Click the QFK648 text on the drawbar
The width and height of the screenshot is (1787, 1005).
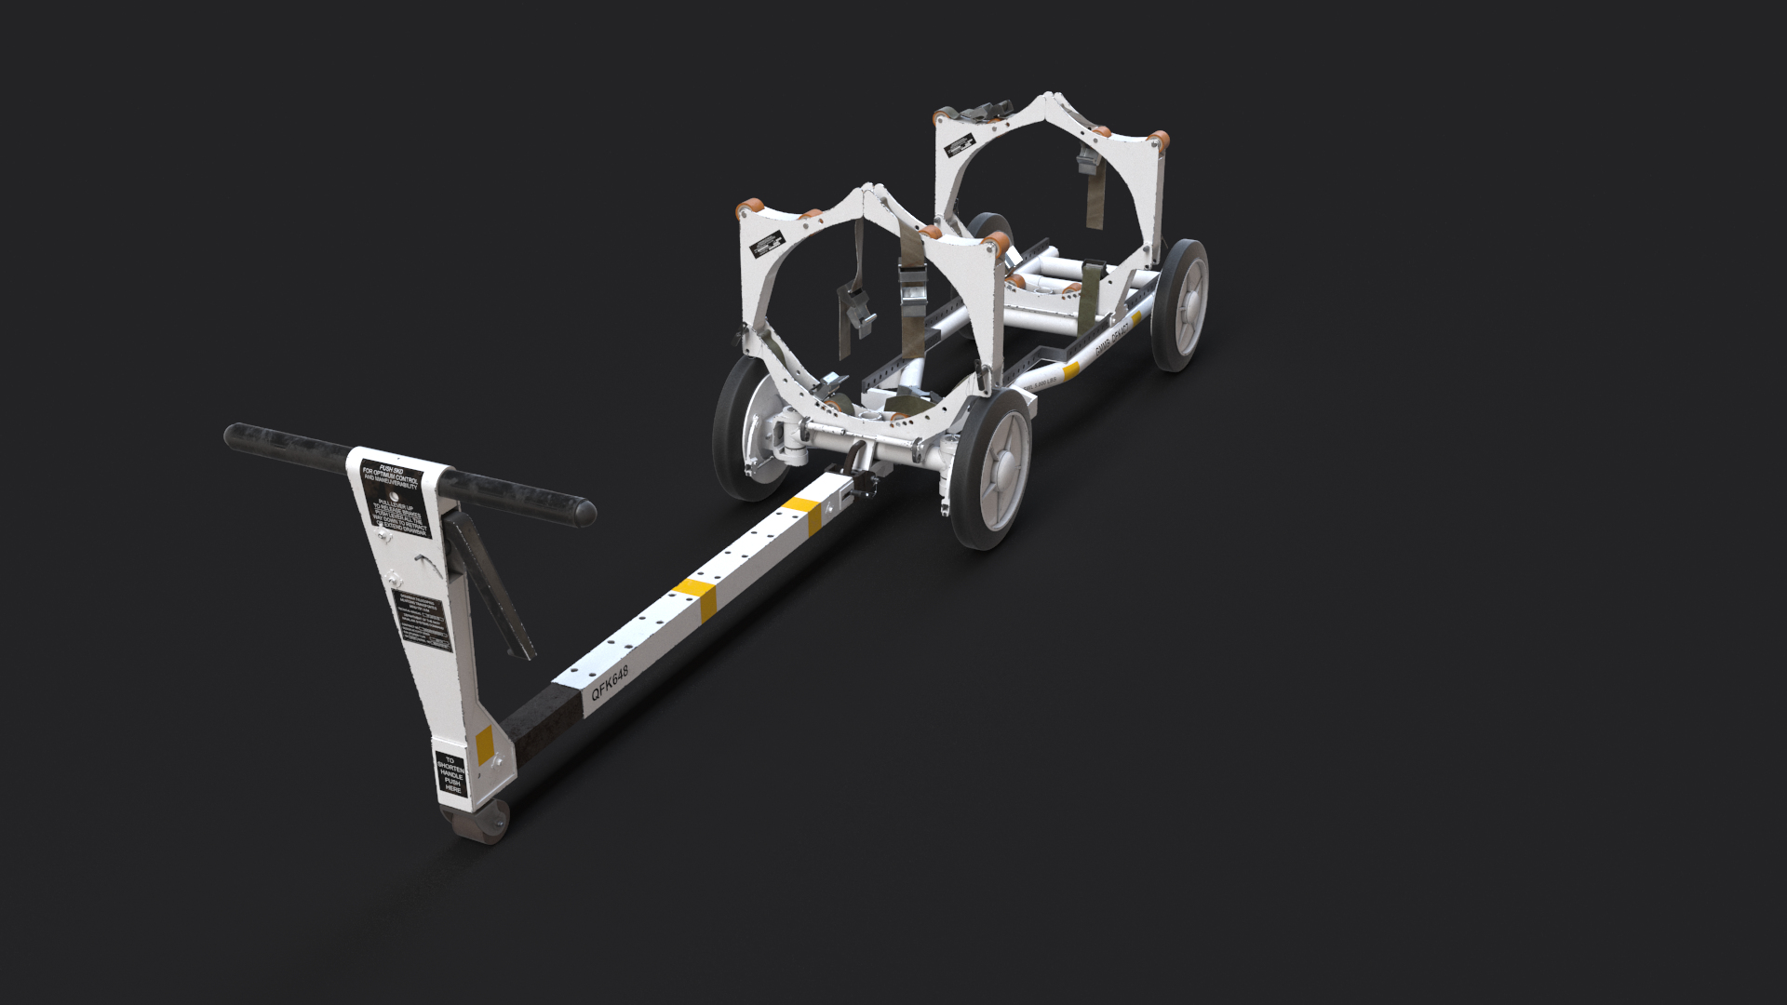pyautogui.click(x=610, y=683)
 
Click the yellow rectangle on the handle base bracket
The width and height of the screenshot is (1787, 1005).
pyautogui.click(x=484, y=744)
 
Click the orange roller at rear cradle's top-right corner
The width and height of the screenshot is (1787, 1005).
pyautogui.click(x=1160, y=141)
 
